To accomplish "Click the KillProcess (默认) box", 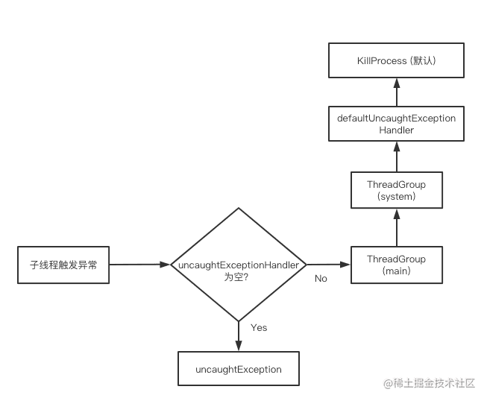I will pyautogui.click(x=396, y=61).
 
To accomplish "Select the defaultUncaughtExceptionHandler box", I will pyautogui.click(x=396, y=124).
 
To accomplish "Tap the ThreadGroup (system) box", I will pyautogui.click(x=396, y=190).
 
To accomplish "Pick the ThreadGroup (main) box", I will pyautogui.click(x=396, y=265).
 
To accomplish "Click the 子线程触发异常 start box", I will pyautogui.click(x=63, y=265).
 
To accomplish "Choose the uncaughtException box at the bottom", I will pyautogui.click(x=239, y=369).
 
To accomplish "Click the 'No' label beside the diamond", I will pyautogui.click(x=321, y=278).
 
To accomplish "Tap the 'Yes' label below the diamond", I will pyautogui.click(x=259, y=327).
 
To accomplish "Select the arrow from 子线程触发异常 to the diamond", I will pyautogui.click(x=139, y=265).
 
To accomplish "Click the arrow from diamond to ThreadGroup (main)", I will pyautogui.click(x=328, y=265).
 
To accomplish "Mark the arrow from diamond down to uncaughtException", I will pyautogui.click(x=239, y=335).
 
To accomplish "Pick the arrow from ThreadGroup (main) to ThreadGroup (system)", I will pyautogui.click(x=396, y=227).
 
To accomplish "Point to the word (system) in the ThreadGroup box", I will pyautogui.click(x=396, y=197).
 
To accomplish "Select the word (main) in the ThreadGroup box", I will pyautogui.click(x=396, y=271).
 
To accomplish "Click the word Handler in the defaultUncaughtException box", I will pyautogui.click(x=396, y=130).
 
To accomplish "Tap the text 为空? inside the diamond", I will pyautogui.click(x=238, y=277).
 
